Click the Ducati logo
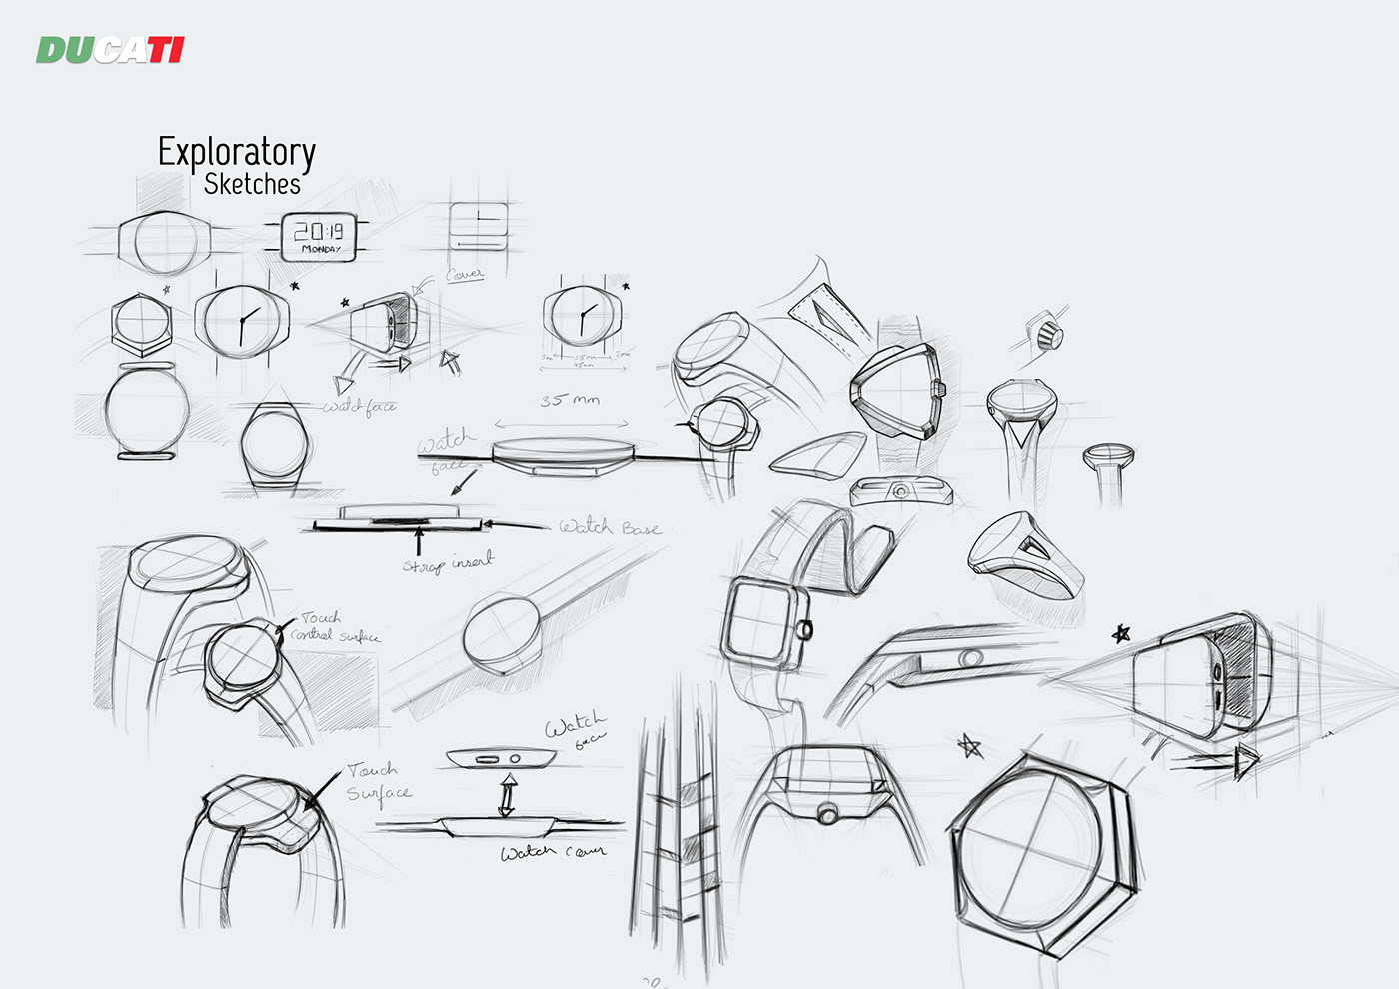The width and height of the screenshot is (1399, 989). click(110, 49)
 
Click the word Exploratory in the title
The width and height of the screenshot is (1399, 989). click(237, 152)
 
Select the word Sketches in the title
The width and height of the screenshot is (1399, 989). click(252, 184)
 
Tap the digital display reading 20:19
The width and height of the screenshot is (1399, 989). click(319, 231)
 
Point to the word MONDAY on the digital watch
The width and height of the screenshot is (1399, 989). click(321, 249)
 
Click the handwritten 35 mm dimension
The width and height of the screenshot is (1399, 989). click(570, 400)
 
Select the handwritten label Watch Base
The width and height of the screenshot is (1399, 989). click(610, 527)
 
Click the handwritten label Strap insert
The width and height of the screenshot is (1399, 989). click(447, 563)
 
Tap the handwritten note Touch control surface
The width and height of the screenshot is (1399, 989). click(334, 627)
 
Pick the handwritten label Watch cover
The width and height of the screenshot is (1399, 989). click(553, 852)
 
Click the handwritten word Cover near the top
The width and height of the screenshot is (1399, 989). click(464, 273)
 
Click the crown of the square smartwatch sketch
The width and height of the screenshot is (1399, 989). click(805, 630)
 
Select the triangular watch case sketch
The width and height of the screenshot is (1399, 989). click(896, 391)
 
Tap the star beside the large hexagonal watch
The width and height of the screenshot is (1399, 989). click(968, 746)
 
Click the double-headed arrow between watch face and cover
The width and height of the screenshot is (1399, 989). click(507, 796)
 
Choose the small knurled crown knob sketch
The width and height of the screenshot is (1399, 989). click(1047, 332)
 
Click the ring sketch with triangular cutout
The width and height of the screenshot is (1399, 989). click(1025, 553)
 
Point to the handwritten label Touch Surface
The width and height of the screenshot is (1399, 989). click(378, 781)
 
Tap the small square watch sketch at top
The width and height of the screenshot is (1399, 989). click(478, 226)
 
